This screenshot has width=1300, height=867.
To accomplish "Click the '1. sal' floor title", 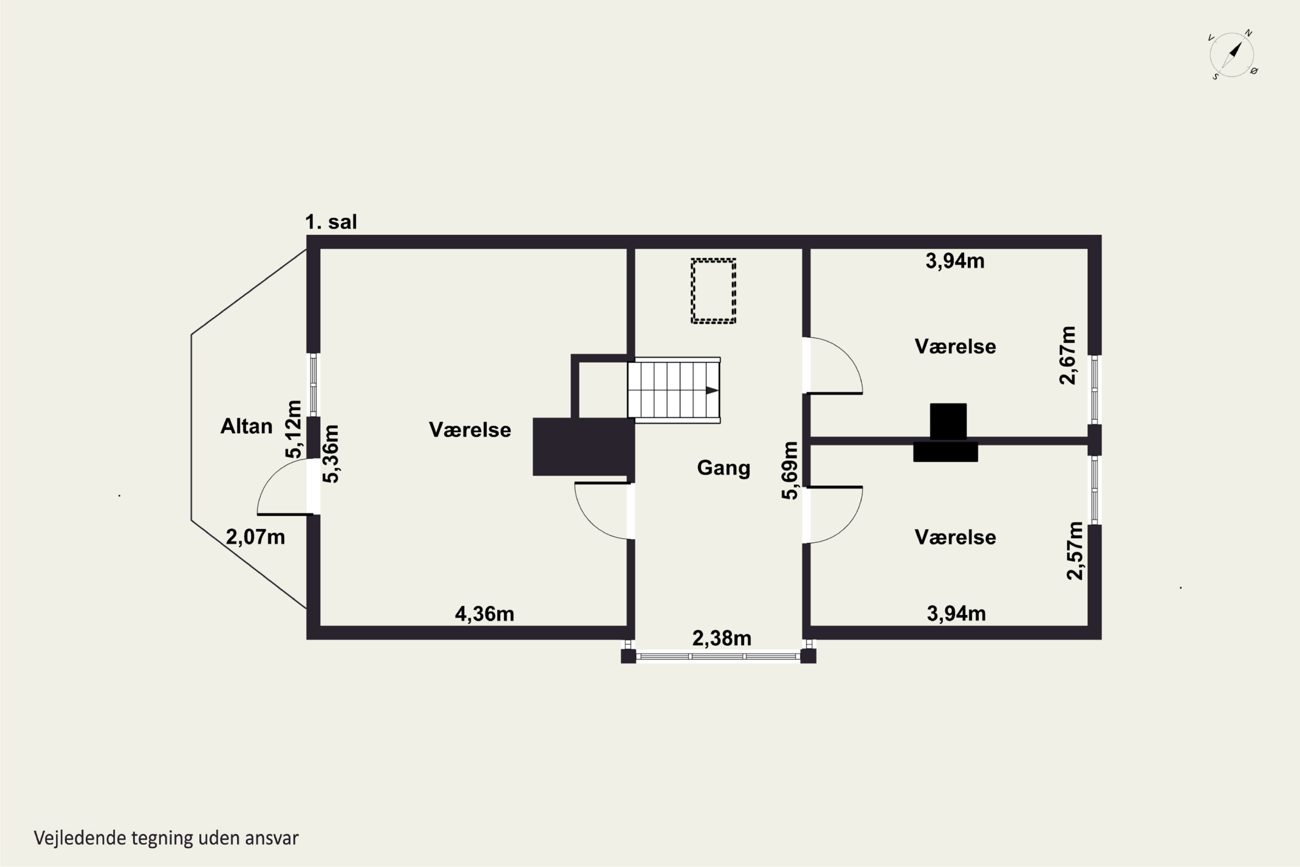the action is point(331,222).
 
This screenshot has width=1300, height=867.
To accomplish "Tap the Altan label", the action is point(247,426).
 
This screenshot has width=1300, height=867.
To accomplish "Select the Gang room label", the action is point(724,468).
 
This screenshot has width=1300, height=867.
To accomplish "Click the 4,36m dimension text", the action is point(484,614).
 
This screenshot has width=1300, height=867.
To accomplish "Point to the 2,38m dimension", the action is point(722,639).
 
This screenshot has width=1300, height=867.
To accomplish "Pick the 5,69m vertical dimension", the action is point(790,470).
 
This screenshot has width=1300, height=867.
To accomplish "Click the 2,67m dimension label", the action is point(1068,355).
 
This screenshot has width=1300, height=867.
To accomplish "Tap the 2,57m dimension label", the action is point(1075,551).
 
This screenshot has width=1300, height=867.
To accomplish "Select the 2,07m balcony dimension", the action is point(255,537).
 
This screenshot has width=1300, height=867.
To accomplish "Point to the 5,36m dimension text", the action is point(331,454).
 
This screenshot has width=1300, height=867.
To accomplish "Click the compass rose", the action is point(1232,55).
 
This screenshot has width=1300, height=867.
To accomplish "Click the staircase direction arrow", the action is point(712,391).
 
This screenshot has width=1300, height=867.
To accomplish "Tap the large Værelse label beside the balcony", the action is point(470,430).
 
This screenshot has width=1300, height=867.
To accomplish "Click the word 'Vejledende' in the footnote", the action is point(80,838).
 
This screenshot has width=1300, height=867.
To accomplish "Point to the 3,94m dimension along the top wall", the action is point(955,261).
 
